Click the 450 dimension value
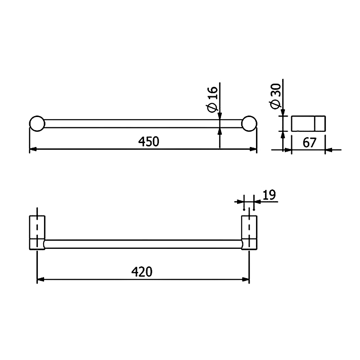[x=148, y=141]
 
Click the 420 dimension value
[x=142, y=272]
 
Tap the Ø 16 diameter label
[x=213, y=99]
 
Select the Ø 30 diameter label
[x=276, y=96]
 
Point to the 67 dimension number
[x=309, y=143]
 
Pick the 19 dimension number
[x=269, y=195]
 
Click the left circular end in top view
[x=37, y=124]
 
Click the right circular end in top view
[x=249, y=124]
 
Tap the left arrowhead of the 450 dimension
[x=33, y=149]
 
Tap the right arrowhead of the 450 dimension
[x=253, y=149]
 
